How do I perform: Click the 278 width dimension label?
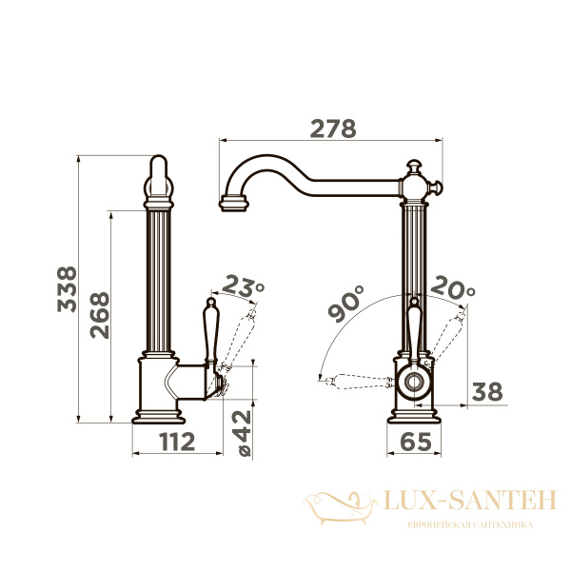click(x=333, y=128)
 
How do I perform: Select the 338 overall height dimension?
click(x=67, y=289)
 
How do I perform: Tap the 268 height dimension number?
click(x=100, y=315)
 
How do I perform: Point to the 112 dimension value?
click(x=177, y=442)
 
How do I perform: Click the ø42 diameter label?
click(x=243, y=433)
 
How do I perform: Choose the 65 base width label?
click(x=416, y=442)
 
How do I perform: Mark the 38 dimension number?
click(x=487, y=391)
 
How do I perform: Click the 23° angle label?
click(x=243, y=286)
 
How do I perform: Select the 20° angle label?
click(x=453, y=287)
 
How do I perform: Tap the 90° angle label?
click(x=345, y=304)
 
